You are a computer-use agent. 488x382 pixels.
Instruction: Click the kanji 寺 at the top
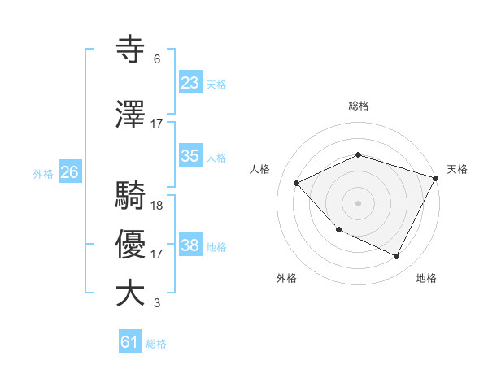(131, 51)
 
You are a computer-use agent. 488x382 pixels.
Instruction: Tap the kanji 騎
(131, 196)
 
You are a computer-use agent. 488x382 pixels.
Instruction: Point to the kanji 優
(131, 245)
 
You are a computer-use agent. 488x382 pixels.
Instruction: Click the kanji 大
(131, 293)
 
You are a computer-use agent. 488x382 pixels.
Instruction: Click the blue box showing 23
(190, 82)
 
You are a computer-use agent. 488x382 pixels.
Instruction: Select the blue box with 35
(190, 156)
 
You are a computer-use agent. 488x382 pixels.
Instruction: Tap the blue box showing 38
(190, 245)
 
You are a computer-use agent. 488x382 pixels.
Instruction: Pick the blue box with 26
(70, 172)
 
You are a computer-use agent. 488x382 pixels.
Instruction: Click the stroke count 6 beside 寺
(157, 59)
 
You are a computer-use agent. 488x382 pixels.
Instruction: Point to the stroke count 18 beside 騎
(157, 205)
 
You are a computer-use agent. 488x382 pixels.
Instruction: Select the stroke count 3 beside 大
(157, 303)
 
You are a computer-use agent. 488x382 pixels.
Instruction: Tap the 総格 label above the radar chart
(359, 106)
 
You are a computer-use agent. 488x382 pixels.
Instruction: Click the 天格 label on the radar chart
(457, 169)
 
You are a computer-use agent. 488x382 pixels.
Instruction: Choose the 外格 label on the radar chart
(286, 278)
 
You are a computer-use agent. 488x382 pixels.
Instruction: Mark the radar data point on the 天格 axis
(436, 178)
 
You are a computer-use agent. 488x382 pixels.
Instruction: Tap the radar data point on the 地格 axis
(397, 256)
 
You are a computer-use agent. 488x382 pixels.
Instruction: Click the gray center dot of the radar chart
(359, 203)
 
